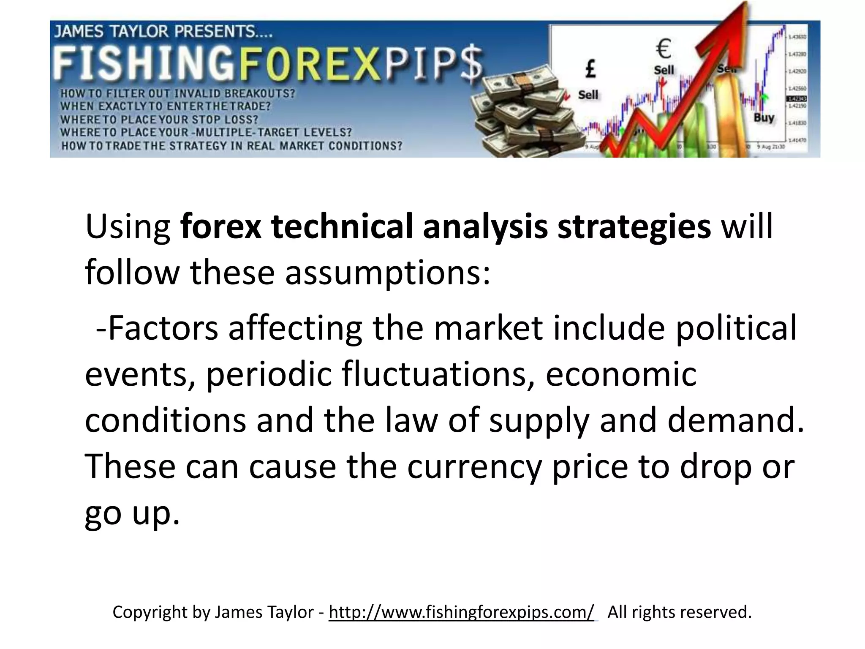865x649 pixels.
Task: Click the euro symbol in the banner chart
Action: [x=664, y=49]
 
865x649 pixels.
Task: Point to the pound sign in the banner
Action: [x=590, y=69]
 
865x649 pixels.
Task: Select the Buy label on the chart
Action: [x=764, y=117]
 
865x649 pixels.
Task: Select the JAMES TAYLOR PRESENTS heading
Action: [x=163, y=32]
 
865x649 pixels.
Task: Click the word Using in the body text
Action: [x=128, y=227]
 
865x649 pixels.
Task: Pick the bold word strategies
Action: [x=634, y=227]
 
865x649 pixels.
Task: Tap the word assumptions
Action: [x=388, y=273]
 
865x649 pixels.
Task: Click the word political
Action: [x=736, y=328]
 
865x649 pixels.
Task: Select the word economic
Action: [x=621, y=374]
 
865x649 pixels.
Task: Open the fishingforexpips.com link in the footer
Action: [x=461, y=612]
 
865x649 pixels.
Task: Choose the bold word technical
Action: [x=341, y=227]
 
